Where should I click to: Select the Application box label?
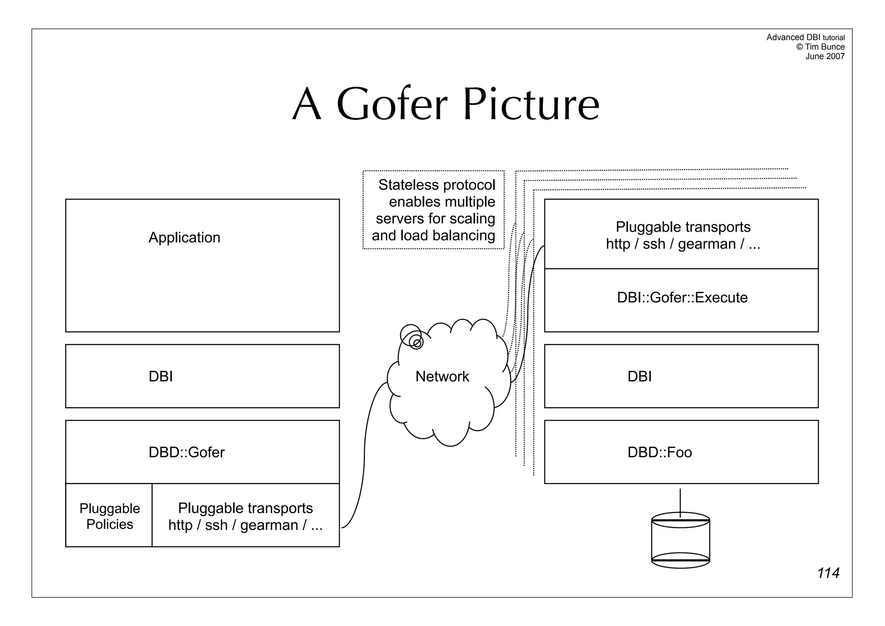click(x=184, y=238)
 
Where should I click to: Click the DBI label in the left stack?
click(x=160, y=377)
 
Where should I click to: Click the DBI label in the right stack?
click(x=639, y=377)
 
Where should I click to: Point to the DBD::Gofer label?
click(x=186, y=452)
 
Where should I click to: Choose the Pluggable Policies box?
click(x=109, y=516)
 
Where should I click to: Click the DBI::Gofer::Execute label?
click(x=682, y=297)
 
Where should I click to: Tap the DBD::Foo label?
click(x=659, y=452)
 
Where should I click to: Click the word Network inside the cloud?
click(x=442, y=377)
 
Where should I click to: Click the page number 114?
click(x=828, y=573)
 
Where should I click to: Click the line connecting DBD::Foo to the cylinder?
click(x=680, y=501)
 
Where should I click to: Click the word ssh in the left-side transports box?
click(x=216, y=525)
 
